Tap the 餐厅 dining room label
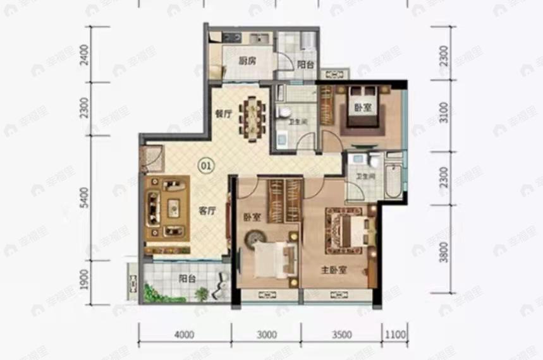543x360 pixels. [x=224, y=114]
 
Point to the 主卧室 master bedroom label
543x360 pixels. [x=334, y=270]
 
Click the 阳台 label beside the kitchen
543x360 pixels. [x=306, y=64]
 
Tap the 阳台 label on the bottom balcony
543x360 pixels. [x=186, y=277]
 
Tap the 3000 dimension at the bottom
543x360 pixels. [x=267, y=333]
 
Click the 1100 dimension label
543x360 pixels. [x=394, y=333]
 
